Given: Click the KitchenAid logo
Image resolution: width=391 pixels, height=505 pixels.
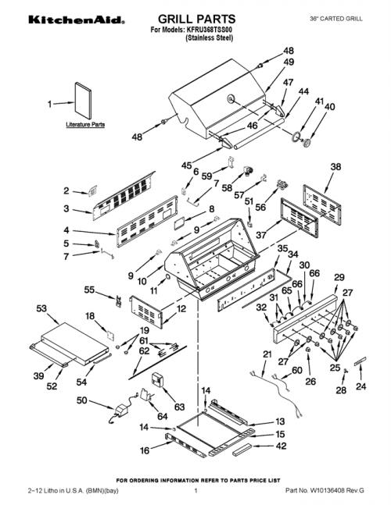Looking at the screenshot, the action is tap(77, 20).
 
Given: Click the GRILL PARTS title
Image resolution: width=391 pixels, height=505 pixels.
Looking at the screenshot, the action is tap(197, 19).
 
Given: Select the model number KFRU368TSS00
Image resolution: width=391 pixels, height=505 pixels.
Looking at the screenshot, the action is tap(209, 30).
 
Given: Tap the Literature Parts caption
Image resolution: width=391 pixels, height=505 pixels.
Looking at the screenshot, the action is tap(85, 124).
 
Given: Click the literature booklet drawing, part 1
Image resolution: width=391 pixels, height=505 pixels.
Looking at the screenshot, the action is tap(83, 101).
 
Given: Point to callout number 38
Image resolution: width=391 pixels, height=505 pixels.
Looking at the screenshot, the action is tap(335, 167).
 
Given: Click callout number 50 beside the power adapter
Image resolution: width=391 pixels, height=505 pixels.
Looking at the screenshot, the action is tap(81, 400).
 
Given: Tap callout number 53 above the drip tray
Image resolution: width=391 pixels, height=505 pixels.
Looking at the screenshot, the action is tap(41, 308).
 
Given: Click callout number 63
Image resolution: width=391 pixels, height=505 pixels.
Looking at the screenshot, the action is tap(179, 407).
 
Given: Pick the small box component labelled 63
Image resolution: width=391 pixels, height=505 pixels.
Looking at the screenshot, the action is tap(157, 380).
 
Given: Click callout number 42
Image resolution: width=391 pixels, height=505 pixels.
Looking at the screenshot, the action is tap(281, 446).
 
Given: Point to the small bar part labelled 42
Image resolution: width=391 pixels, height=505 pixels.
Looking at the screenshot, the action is tap(242, 450).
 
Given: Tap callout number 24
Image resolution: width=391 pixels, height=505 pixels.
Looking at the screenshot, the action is tap(361, 386).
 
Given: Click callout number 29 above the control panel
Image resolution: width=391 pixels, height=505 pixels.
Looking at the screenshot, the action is tap(339, 277).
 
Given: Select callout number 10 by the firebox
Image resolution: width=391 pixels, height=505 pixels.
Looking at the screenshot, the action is tap(142, 282).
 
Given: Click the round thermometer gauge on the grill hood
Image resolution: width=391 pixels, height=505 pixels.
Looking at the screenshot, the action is tap(231, 99).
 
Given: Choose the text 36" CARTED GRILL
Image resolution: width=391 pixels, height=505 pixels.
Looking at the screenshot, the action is tap(335, 19).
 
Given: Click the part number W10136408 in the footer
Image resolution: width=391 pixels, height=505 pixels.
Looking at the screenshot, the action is tap(325, 491).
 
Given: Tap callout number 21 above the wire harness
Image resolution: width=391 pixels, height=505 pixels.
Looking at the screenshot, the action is tap(267, 354).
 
